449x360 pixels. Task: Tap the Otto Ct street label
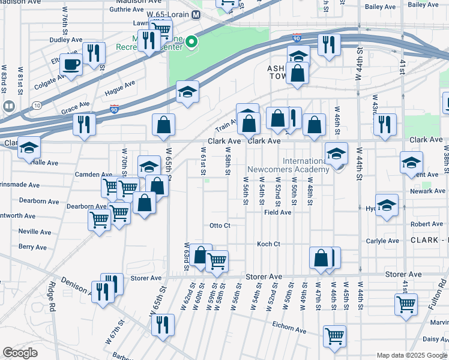(220, 226)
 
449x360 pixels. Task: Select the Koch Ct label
(268, 244)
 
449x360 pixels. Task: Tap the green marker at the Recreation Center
(191, 42)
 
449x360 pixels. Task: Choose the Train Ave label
(226, 124)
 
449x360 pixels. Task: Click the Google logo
(20, 353)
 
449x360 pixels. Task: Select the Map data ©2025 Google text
(411, 355)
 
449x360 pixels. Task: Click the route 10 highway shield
(37, 106)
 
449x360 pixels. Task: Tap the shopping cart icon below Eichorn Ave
(334, 335)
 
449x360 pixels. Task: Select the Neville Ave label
(35, 231)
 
